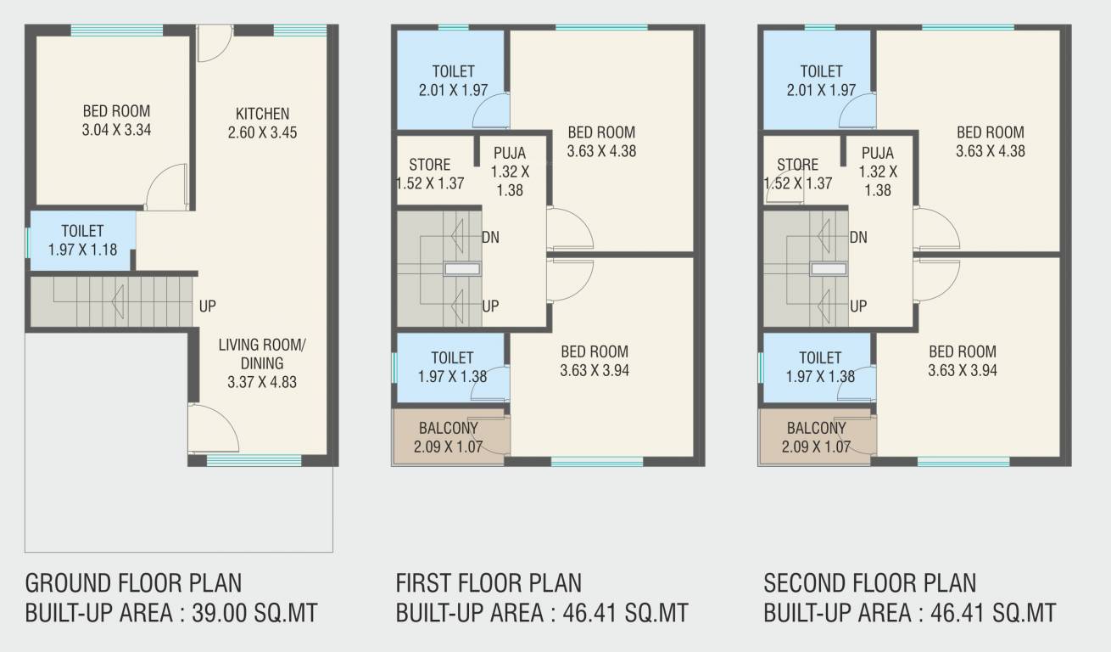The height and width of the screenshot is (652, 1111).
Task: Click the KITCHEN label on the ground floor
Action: [262, 114]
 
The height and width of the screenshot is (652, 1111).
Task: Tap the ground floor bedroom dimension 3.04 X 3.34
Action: [116, 130]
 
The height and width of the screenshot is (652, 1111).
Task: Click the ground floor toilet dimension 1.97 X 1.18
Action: [82, 250]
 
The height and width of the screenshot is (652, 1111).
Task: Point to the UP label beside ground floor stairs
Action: [208, 306]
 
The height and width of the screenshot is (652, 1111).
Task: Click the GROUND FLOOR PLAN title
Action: [133, 583]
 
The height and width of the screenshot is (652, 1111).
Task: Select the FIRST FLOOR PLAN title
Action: [489, 583]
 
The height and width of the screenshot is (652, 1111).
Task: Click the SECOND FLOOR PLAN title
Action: [869, 583]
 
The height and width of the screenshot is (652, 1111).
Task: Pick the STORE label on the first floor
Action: [429, 165]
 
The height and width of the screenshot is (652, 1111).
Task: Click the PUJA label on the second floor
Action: [878, 154]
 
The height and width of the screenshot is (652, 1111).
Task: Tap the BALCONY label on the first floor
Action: [448, 428]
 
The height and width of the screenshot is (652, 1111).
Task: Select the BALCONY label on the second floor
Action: [816, 428]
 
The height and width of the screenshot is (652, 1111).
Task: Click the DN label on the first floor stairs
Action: [490, 237]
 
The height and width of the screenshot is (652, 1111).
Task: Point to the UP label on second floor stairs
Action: [858, 306]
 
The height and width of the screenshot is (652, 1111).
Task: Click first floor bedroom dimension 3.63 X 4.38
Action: [601, 151]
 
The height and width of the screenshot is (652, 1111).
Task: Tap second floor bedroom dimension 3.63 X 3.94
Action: [962, 370]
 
